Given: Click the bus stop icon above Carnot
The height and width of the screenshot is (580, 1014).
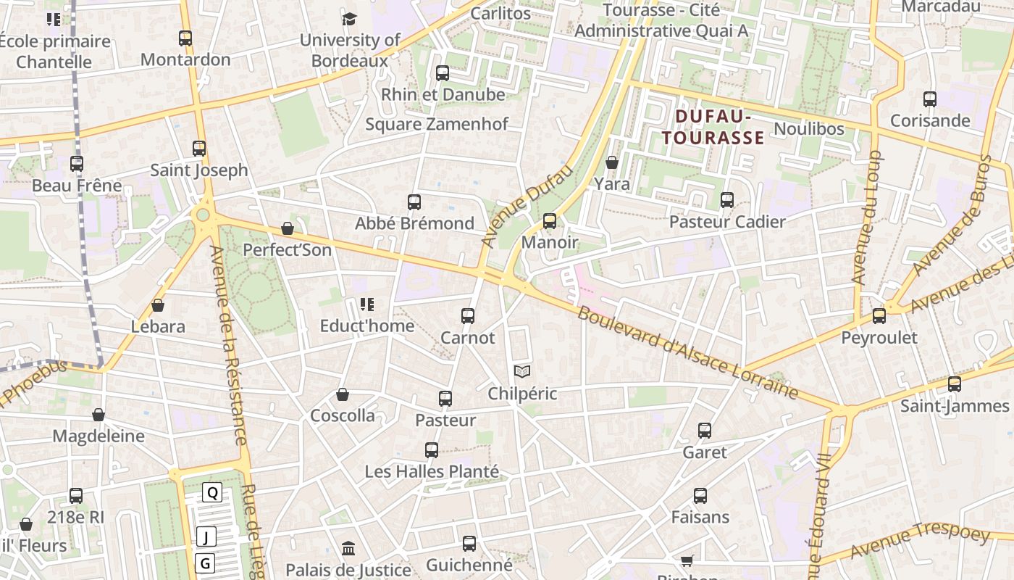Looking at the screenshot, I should click(468, 316).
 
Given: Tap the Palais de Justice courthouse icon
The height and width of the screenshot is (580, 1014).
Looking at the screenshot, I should click(348, 547).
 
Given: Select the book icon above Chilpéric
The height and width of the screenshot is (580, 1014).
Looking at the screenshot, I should click(522, 372).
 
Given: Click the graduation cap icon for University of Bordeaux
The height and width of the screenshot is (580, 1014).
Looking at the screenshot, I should click(350, 19).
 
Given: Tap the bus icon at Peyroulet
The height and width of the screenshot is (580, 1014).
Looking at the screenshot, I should click(879, 316).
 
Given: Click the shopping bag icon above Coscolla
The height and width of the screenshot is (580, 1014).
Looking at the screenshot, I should click(343, 394).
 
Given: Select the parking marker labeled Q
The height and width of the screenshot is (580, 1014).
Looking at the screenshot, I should click(212, 493).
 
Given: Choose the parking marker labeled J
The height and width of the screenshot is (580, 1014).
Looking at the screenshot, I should click(206, 537).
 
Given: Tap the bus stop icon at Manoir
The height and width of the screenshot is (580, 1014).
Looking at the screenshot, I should click(550, 221).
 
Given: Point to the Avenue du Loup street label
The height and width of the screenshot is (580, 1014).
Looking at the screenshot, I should click(866, 217).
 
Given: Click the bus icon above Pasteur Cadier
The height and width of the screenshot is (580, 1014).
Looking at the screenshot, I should click(727, 200).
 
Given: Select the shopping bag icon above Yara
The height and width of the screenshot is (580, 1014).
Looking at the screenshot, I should click(612, 162).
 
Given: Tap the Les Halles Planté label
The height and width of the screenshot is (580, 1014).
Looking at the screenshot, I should click(432, 471).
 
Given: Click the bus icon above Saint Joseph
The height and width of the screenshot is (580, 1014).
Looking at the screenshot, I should click(199, 149).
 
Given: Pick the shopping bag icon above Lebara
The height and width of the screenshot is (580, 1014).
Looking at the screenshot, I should click(158, 305).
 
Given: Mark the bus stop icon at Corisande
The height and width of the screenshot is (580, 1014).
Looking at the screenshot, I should click(930, 99).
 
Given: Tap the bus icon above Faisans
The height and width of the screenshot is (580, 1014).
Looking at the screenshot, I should click(700, 496).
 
